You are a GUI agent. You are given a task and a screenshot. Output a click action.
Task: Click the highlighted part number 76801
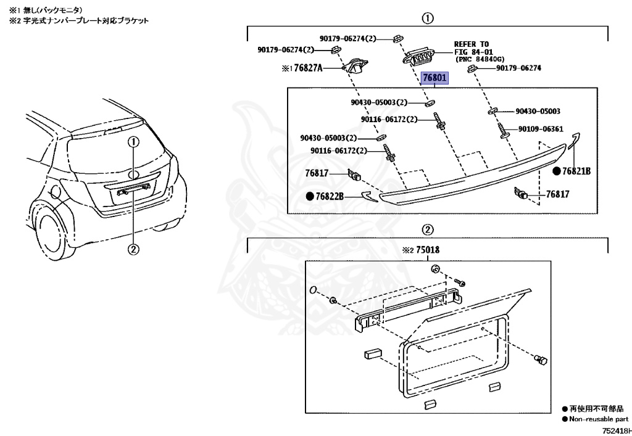pyautogui.click(x=436, y=78)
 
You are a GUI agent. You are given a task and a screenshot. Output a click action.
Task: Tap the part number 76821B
pyautogui.click(x=576, y=171)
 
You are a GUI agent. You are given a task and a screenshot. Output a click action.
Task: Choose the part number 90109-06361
pyautogui.click(x=541, y=130)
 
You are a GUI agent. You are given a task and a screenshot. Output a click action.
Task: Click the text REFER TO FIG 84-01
pyautogui.click(x=472, y=48)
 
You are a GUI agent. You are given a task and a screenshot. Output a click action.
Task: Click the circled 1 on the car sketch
pyautogui.click(x=134, y=142)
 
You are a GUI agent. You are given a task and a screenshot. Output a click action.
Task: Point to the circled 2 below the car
pyautogui.click(x=134, y=249)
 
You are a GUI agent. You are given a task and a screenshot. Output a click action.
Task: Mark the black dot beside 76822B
pyautogui.click(x=309, y=196)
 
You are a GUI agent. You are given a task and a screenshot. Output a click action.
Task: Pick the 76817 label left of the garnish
pyautogui.click(x=317, y=175)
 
